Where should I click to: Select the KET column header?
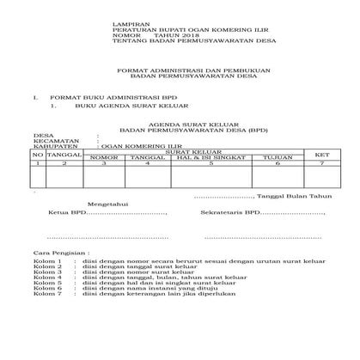click(322, 155)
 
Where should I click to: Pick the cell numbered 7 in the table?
click(322, 163)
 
